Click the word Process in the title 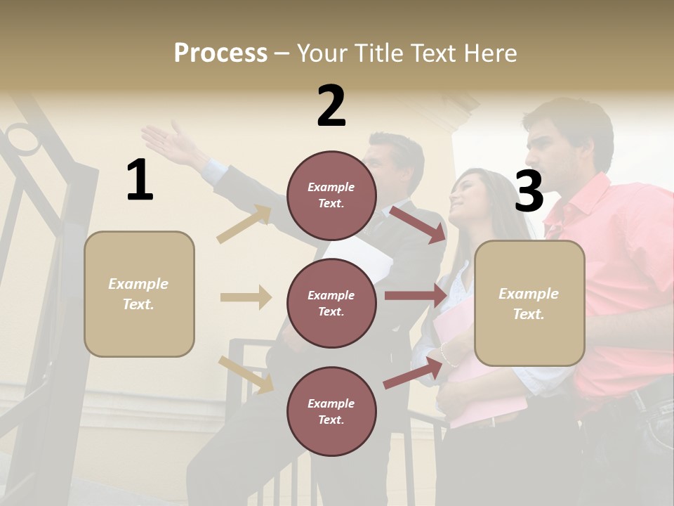click(220, 53)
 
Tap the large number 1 click(140, 181)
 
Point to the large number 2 click(331, 106)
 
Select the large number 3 click(529, 192)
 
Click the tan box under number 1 click(139, 294)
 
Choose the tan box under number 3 click(529, 303)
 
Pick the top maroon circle click(331, 195)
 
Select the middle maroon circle click(331, 303)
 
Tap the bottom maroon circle click(331, 411)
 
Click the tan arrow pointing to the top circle click(244, 224)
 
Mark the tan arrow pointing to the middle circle click(246, 297)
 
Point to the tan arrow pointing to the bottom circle click(246, 374)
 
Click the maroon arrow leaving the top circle click(419, 224)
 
